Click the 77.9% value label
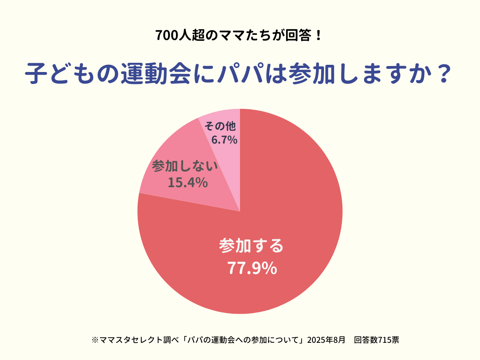[252, 268]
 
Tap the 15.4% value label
[187, 182]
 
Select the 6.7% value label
[224, 140]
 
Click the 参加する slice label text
[251, 246]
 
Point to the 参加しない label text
[185, 166]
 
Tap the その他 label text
[220, 127]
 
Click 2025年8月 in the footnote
[326, 340]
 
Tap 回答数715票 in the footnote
[376, 340]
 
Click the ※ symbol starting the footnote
[95, 340]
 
